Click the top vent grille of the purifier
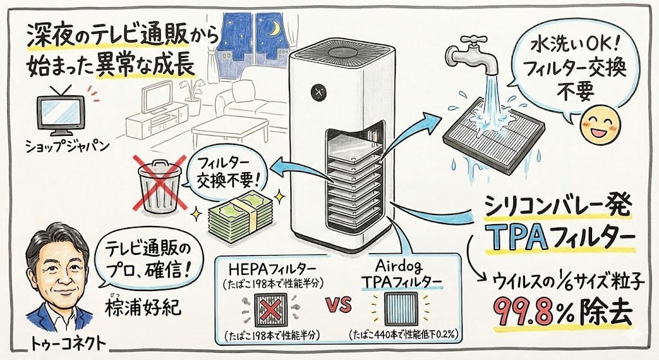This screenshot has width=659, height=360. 340,48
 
